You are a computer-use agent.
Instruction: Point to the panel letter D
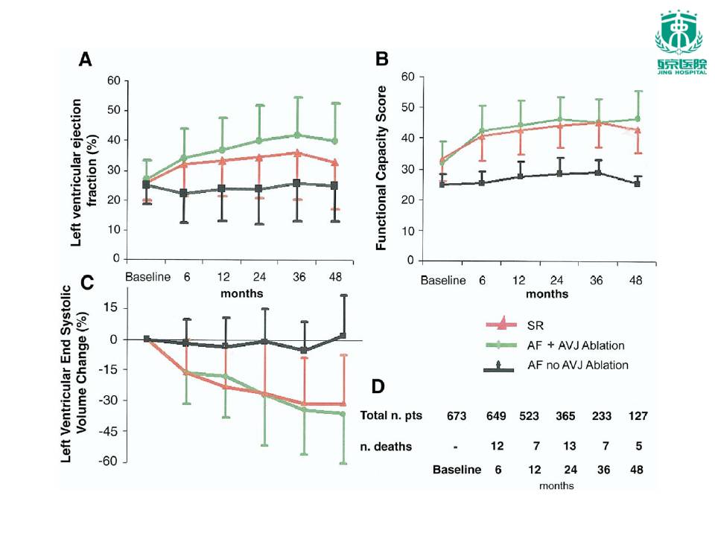click(x=378, y=386)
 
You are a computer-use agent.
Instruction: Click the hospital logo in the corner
click(x=678, y=44)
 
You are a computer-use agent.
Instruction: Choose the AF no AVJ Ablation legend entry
click(x=577, y=366)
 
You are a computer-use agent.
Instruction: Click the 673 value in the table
click(x=455, y=415)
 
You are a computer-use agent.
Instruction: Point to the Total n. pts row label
click(x=391, y=415)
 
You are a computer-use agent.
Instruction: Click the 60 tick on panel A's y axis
click(x=113, y=80)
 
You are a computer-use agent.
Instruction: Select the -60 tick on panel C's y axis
click(x=112, y=462)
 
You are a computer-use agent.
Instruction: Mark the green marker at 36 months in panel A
click(x=298, y=135)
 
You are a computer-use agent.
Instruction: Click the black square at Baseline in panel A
click(x=147, y=185)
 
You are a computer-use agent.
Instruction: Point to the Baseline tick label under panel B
click(x=443, y=281)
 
